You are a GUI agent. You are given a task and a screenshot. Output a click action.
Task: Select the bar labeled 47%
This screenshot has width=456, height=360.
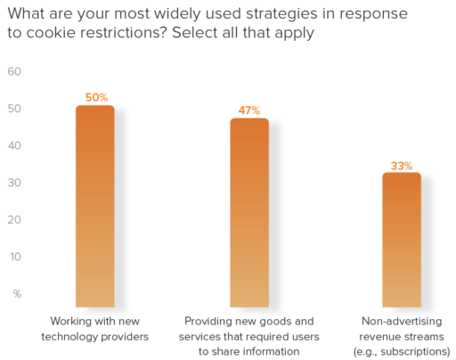tap(249, 214)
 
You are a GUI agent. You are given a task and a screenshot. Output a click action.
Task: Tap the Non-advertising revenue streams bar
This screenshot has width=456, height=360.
tap(402, 241)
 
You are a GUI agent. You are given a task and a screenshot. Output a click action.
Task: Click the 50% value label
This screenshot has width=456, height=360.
tap(94, 97)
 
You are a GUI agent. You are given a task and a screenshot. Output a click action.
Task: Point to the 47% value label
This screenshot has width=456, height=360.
tap(249, 110)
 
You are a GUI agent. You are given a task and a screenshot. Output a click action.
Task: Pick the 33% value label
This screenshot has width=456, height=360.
tap(402, 165)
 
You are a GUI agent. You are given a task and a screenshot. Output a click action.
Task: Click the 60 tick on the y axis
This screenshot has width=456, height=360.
tap(14, 72)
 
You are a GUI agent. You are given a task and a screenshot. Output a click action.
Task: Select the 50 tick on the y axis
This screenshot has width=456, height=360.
tap(14, 109)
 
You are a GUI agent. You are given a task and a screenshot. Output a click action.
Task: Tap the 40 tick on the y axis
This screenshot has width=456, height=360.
tap(14, 146)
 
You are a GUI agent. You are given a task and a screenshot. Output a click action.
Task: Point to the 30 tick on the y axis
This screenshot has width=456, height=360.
tap(14, 183)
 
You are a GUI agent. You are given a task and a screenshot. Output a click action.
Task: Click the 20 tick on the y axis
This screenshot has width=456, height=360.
tap(14, 220)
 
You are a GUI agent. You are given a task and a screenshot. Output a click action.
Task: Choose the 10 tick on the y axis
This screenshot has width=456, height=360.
tap(14, 257)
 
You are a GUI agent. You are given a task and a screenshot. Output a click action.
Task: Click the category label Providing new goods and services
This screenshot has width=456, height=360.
tap(249, 327)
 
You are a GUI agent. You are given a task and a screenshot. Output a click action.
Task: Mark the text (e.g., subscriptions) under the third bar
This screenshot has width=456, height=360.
tap(402, 351)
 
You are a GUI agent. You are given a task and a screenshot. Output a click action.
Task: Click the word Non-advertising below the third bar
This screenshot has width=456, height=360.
tap(402, 320)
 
